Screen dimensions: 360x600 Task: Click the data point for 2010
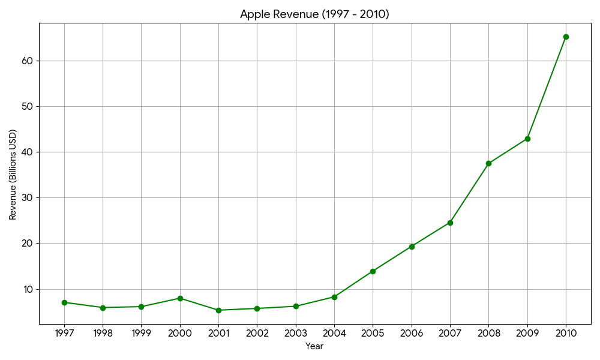click(x=566, y=37)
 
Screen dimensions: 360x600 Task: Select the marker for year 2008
click(x=488, y=163)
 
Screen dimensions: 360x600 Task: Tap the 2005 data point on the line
click(x=373, y=271)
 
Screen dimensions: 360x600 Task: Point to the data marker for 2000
click(x=180, y=298)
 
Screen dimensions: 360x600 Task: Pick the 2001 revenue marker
click(x=218, y=310)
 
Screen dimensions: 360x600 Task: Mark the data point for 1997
click(x=64, y=302)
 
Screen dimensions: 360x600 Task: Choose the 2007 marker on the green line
click(x=450, y=223)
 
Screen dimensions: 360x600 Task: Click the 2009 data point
click(x=527, y=139)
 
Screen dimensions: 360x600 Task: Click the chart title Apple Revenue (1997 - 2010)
click(x=314, y=14)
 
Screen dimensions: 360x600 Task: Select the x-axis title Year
click(x=314, y=346)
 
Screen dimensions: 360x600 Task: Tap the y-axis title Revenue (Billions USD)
click(x=13, y=174)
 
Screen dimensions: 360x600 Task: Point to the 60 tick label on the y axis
click(x=27, y=61)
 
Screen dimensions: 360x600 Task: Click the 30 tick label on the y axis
click(x=27, y=197)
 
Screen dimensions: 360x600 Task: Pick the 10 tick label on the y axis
click(x=27, y=289)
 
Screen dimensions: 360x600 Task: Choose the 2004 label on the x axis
click(x=334, y=333)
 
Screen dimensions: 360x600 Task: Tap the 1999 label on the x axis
click(x=142, y=333)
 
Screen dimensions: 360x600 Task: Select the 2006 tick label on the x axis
click(x=412, y=333)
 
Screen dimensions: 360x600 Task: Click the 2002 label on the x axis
click(x=257, y=333)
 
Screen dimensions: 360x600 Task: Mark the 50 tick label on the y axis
click(x=27, y=106)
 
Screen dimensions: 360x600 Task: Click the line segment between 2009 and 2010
click(x=547, y=88)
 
